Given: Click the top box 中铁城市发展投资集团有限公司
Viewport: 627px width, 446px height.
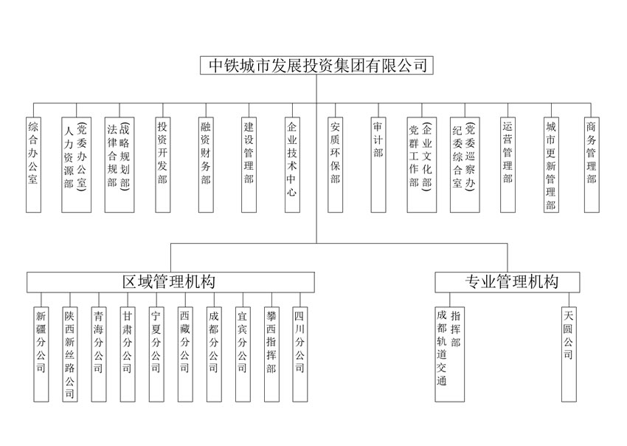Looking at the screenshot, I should point(317,65).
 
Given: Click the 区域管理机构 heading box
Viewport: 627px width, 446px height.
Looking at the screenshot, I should point(170,281).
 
